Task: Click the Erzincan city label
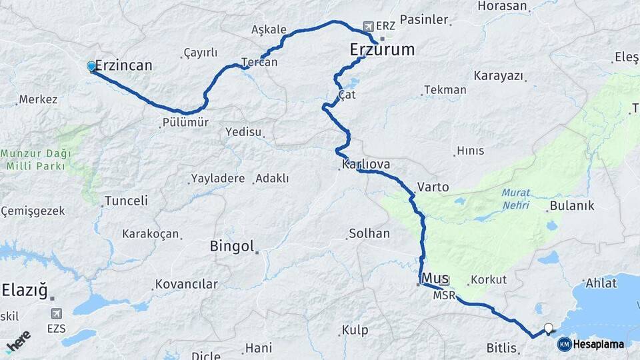123,65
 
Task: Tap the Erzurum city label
382,49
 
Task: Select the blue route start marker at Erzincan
91,66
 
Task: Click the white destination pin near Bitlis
549,327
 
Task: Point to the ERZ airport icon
368,26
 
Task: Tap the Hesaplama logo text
599,345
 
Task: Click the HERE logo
18,340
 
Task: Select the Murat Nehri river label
515,197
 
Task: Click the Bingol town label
232,247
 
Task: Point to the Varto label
433,187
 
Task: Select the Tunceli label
126,201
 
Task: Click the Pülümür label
185,123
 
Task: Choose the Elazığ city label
25,290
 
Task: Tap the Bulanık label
571,206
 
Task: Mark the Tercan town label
259,62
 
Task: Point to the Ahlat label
601,283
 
